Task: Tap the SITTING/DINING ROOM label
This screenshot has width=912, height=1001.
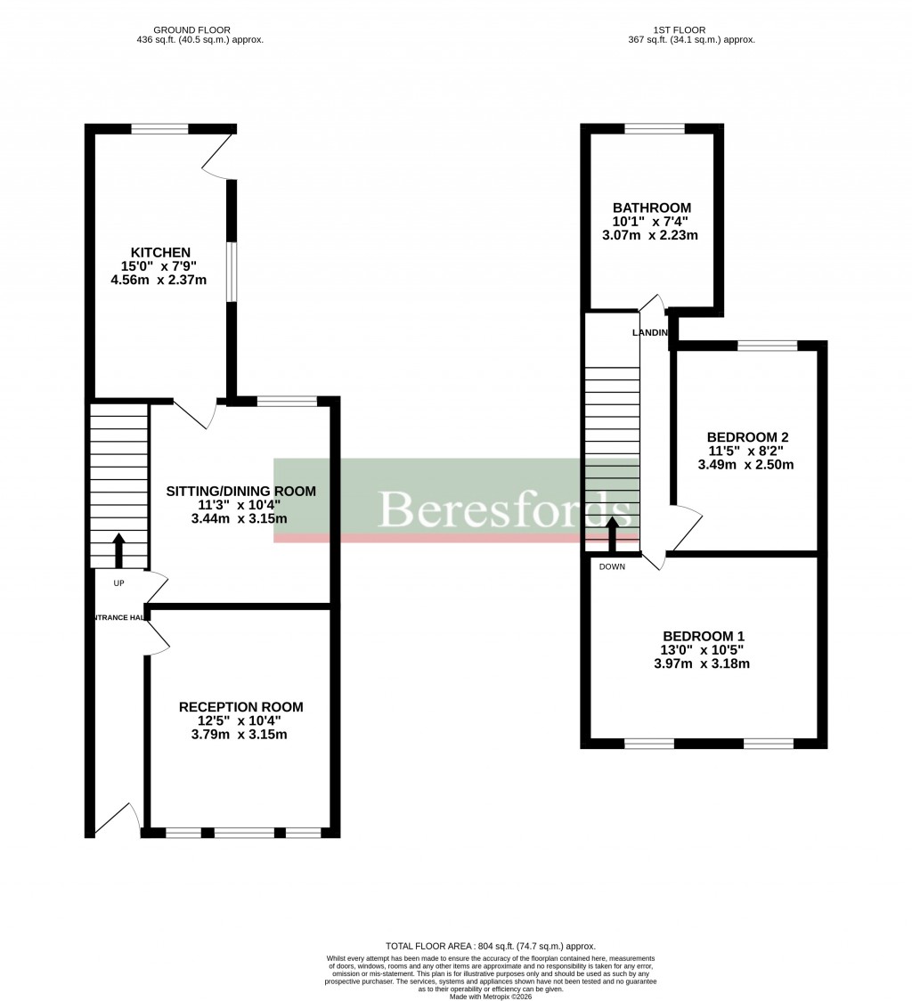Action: point(241,491)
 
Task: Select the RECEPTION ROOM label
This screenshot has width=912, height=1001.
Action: point(240,707)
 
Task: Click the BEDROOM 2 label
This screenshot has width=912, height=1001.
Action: point(747,437)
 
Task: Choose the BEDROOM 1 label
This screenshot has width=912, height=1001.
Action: point(702,636)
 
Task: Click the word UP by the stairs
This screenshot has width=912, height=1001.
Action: point(118,583)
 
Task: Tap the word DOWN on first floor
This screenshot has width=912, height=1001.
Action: point(611,566)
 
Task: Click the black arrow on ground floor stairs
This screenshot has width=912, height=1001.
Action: point(118,549)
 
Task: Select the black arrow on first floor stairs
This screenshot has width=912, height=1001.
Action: point(612,533)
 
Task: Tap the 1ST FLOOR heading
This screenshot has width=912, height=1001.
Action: point(691,29)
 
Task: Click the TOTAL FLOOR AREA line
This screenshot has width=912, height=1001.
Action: point(490,946)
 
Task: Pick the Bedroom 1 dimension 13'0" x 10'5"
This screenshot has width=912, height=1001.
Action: point(702,649)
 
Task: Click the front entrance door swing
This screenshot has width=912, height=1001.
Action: point(120,818)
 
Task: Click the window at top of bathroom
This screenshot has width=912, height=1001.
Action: point(655,128)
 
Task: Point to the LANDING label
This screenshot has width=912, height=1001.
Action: point(650,332)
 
